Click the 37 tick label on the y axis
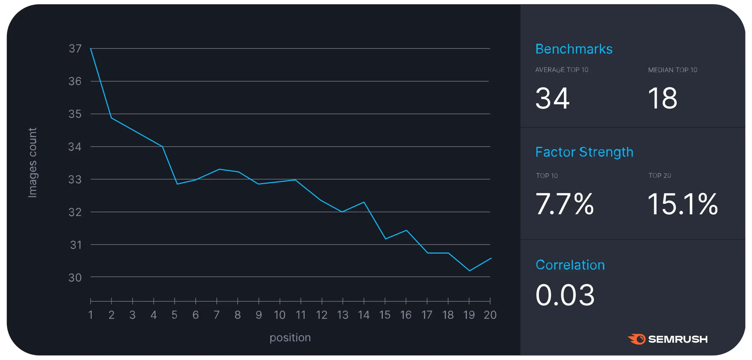[x=75, y=48]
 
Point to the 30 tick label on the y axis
[x=75, y=277]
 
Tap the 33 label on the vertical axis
[x=75, y=179]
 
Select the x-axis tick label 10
[x=280, y=315]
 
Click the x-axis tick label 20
[x=490, y=315]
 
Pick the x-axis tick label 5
[x=174, y=315]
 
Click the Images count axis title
[x=32, y=163]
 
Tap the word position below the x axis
[x=290, y=337]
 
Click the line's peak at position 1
[x=91, y=48]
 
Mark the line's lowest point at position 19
[x=469, y=270]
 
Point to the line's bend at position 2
[x=111, y=118]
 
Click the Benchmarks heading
[x=574, y=49]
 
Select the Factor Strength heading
[x=584, y=152]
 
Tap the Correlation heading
[x=570, y=265]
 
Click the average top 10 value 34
[x=552, y=98]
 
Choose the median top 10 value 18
[x=663, y=98]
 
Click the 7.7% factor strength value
[x=564, y=204]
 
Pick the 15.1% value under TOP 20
[x=682, y=204]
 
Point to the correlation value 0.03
[x=565, y=295]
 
